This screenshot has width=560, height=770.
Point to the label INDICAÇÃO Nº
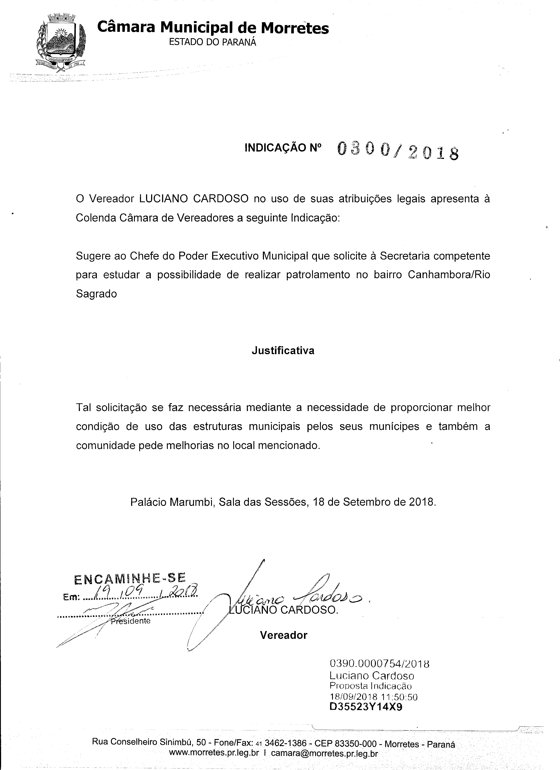(283, 148)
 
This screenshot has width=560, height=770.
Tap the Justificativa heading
(283, 351)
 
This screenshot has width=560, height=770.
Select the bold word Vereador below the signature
(284, 635)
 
